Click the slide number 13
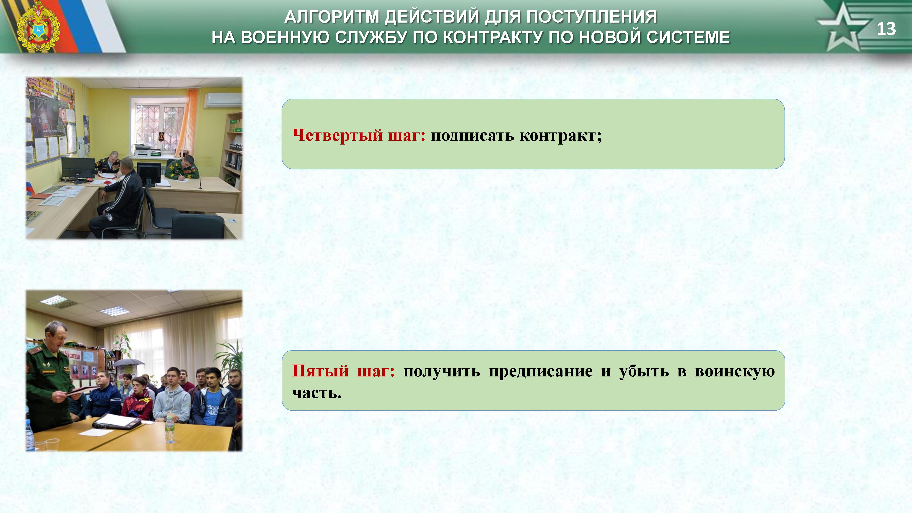point(886,29)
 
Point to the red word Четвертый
point(338,135)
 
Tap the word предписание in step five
point(541,371)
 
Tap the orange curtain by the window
point(187,122)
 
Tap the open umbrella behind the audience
point(129,363)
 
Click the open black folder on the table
point(116,422)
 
